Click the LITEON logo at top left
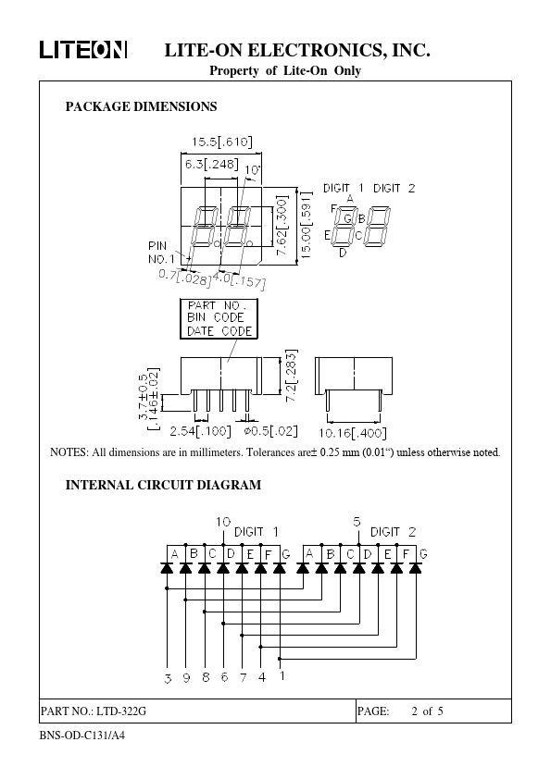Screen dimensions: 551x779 coord(83,50)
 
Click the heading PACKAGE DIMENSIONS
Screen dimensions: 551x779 coord(142,106)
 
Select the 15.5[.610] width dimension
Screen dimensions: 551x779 coord(222,142)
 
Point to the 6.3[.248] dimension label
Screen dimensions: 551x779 coord(211,164)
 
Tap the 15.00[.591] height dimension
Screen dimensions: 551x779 coord(306,225)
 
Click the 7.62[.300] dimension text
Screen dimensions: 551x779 coord(282,226)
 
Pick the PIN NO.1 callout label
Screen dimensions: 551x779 coord(160,253)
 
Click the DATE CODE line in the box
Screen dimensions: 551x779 coord(219,331)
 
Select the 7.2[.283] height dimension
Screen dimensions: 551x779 coord(292,375)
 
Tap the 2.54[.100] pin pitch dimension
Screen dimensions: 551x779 coord(200,431)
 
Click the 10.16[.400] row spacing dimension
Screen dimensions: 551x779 coord(353,433)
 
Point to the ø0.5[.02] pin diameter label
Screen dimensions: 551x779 coord(270,431)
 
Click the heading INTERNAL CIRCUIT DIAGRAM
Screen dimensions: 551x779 coord(163,486)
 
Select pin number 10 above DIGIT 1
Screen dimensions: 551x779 coord(223,522)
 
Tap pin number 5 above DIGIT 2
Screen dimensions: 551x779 coord(357,522)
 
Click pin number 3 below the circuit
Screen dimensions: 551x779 coord(168,678)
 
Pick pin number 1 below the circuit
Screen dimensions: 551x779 coord(282,675)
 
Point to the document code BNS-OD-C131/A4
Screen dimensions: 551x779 coord(82,736)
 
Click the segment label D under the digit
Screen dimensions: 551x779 coord(343,253)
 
